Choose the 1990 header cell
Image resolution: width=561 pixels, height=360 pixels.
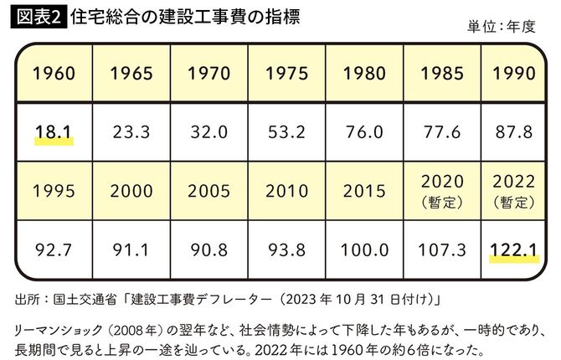pos(513,74)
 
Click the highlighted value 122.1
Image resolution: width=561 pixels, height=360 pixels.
pos(513,249)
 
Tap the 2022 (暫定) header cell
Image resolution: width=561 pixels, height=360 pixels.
pos(513,191)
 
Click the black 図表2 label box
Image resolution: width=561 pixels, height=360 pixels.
pos(36,16)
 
